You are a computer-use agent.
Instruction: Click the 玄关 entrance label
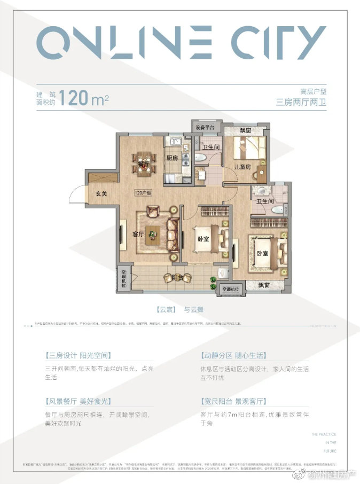101,193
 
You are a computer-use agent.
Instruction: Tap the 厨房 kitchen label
171,158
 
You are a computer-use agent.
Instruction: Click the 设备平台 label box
205,128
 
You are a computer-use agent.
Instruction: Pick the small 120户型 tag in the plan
144,193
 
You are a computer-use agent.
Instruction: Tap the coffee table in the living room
154,232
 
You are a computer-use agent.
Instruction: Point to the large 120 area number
75,99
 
